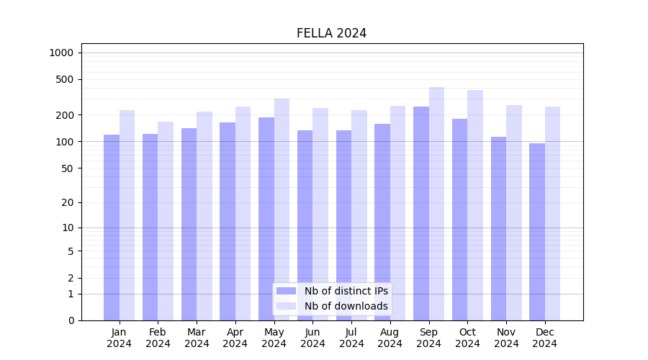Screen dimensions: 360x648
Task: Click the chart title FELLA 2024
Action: (x=331, y=33)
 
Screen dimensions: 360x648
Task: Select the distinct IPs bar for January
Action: (x=112, y=227)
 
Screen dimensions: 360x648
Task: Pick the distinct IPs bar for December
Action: (x=537, y=231)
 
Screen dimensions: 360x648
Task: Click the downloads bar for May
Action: (x=282, y=209)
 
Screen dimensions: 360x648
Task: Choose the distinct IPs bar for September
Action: (x=421, y=213)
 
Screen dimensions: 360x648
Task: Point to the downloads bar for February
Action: (x=166, y=220)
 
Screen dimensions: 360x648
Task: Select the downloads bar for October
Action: (x=475, y=205)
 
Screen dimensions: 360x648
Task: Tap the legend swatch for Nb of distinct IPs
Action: (x=286, y=291)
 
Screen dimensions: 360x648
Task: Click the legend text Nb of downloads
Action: (x=346, y=306)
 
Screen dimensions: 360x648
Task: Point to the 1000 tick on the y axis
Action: (x=61, y=53)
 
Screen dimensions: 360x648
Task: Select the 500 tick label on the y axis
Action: (x=65, y=79)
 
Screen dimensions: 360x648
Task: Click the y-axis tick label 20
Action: (x=68, y=202)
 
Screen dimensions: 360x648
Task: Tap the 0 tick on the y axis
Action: (x=71, y=320)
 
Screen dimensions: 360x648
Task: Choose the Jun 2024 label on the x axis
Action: (x=312, y=338)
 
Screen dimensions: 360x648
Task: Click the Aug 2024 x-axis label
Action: (x=390, y=338)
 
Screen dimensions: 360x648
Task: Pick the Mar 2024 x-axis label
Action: (x=197, y=338)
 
